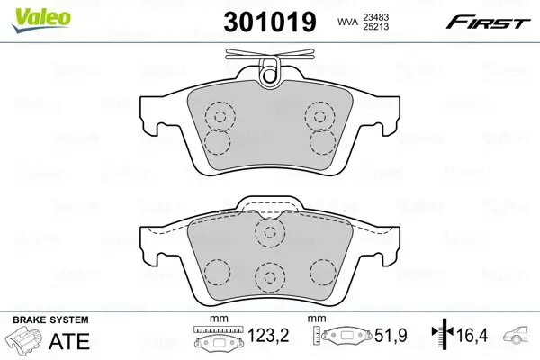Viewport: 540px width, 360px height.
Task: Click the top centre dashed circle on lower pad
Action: (x=268, y=233)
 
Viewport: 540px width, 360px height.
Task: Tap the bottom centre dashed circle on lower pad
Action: (x=268, y=276)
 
